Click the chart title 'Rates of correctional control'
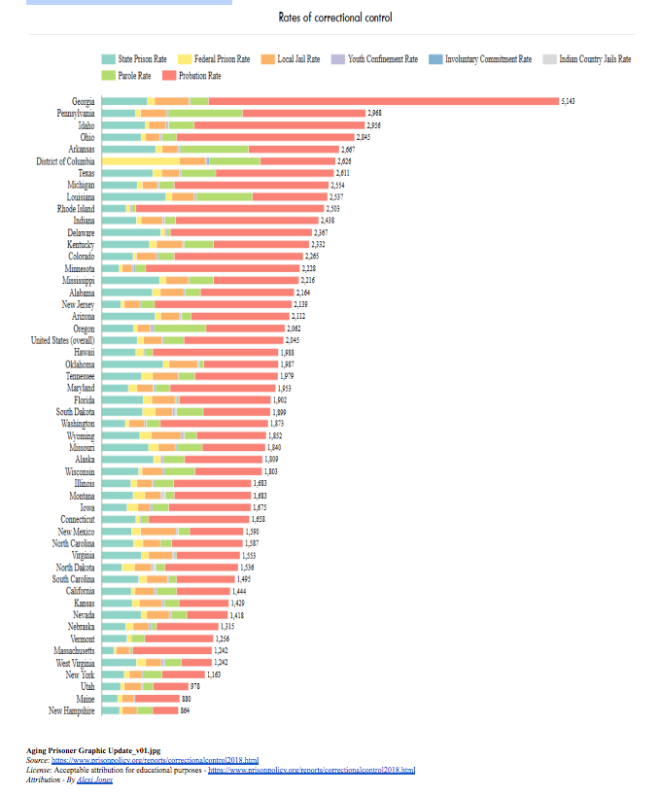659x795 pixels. tap(334, 17)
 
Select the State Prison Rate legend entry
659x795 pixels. tap(135, 59)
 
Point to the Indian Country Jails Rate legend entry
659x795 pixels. tap(588, 59)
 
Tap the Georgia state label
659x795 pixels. tap(83, 102)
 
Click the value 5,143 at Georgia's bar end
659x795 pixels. tap(569, 102)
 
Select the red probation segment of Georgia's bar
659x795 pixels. tap(383, 102)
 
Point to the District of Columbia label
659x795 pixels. tap(64, 161)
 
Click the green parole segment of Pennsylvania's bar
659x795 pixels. tap(205, 114)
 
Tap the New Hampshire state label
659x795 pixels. tap(71, 710)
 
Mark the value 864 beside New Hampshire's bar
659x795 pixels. tap(186, 710)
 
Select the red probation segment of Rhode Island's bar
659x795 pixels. tap(229, 209)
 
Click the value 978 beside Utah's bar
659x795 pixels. tap(194, 687)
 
